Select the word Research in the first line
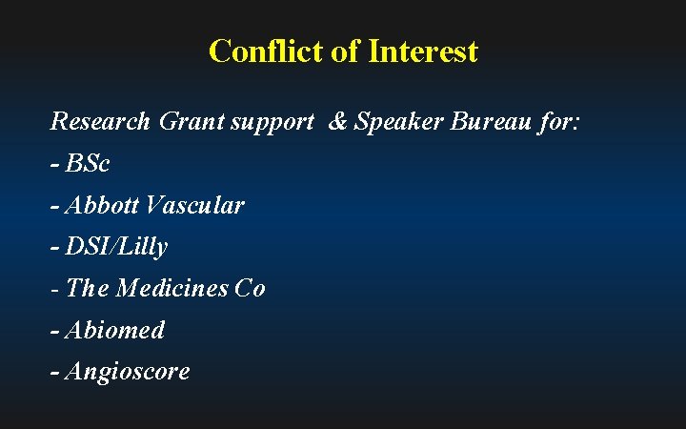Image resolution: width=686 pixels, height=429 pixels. [x=100, y=122]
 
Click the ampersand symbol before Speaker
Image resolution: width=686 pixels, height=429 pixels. [x=337, y=122]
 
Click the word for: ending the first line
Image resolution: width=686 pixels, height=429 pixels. [x=557, y=122]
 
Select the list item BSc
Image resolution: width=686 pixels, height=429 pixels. [x=88, y=164]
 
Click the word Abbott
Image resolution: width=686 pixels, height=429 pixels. [x=103, y=205]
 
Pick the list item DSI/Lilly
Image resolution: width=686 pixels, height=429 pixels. [x=116, y=247]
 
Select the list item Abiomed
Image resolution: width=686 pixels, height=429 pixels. [x=114, y=330]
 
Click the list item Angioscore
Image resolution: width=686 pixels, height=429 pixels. [x=127, y=372]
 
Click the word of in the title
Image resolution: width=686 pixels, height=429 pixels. [x=343, y=51]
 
